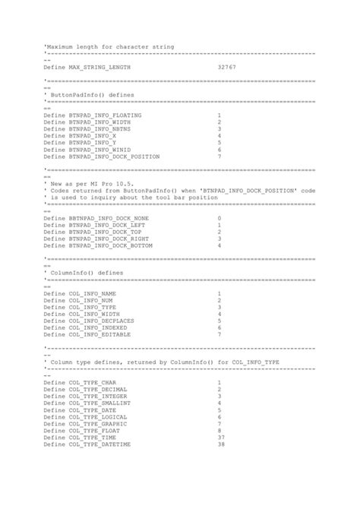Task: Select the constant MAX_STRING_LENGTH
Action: click(99, 68)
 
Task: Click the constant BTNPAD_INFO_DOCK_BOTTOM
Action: click(112, 245)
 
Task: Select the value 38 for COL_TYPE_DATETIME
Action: click(221, 444)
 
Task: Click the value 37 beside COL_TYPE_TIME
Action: click(221, 437)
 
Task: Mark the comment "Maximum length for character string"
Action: click(110, 46)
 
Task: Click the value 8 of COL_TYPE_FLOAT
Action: click(219, 430)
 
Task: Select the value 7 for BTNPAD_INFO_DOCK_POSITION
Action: click(219, 156)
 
